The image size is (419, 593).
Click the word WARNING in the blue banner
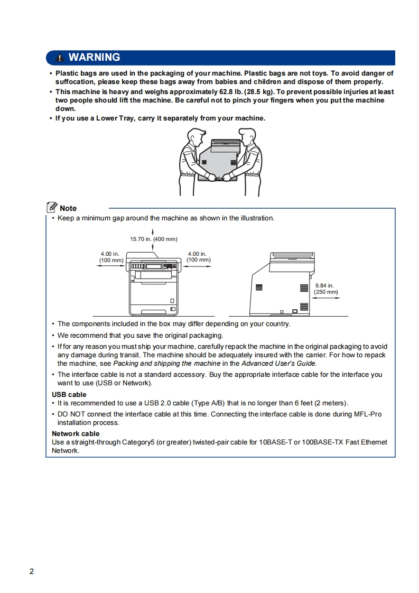click(94, 58)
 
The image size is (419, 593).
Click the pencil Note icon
click(52, 207)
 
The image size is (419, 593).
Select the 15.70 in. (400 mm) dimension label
click(154, 239)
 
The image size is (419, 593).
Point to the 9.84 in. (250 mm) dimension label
click(325, 289)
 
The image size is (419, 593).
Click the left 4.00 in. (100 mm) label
click(111, 257)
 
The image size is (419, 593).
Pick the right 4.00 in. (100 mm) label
click(198, 257)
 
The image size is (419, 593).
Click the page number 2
click(32, 571)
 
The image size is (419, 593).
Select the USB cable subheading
click(69, 394)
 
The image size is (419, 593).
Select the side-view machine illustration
click(280, 285)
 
